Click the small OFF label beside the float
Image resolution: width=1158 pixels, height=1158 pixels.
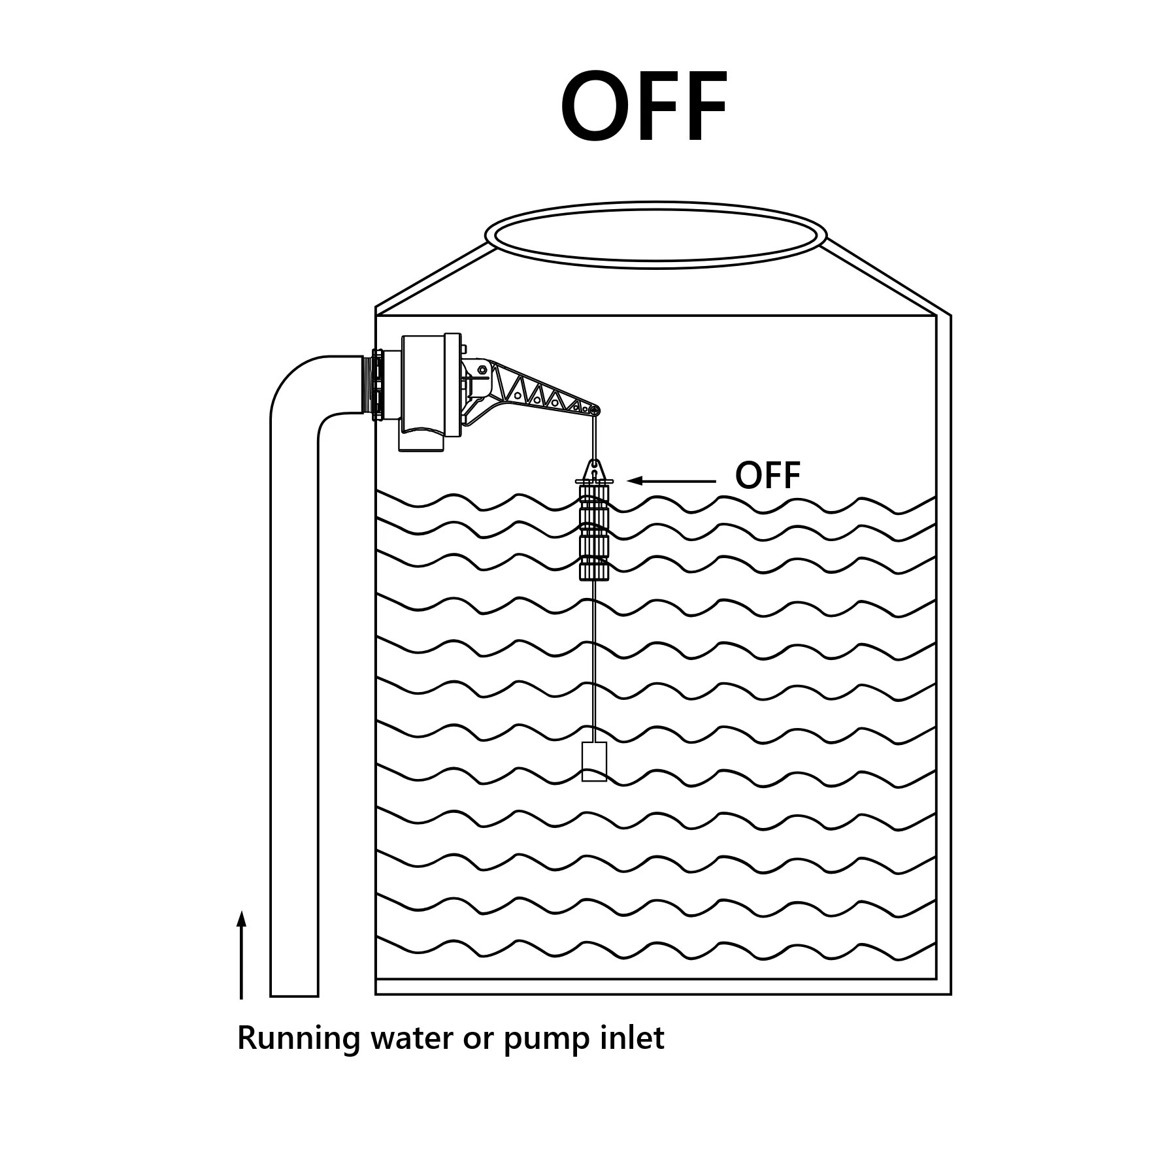[x=767, y=476]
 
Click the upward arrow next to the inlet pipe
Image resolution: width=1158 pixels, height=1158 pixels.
[x=241, y=955]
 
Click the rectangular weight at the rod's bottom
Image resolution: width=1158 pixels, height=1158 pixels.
[x=594, y=761]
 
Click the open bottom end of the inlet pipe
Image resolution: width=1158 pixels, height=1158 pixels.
[x=294, y=995]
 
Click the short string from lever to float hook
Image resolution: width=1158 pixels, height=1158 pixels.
[x=594, y=437]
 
